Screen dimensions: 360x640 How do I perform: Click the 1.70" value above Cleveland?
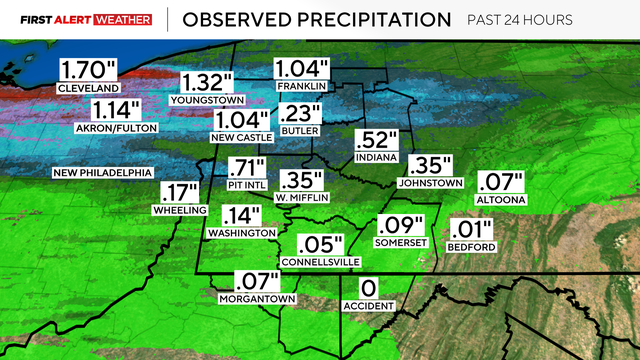tap(87, 71)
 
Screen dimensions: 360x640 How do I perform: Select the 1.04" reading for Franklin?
tap(302, 69)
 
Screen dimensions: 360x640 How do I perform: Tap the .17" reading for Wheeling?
tap(179, 193)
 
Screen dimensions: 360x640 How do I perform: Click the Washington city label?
tap(240, 232)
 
